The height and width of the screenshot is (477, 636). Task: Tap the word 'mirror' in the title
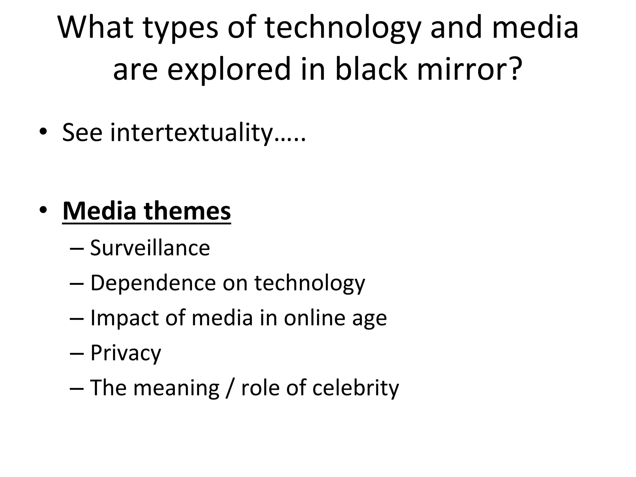point(462,69)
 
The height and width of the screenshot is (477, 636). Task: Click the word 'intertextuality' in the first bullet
point(192,133)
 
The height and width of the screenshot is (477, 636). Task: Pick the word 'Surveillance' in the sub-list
point(150,248)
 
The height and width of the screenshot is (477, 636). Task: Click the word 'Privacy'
point(125,353)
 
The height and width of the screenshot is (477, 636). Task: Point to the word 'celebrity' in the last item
point(356,388)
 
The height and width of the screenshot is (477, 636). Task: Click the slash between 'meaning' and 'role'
point(229,388)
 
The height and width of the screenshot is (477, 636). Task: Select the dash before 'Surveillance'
point(77,249)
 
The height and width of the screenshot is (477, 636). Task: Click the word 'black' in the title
point(371,69)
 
